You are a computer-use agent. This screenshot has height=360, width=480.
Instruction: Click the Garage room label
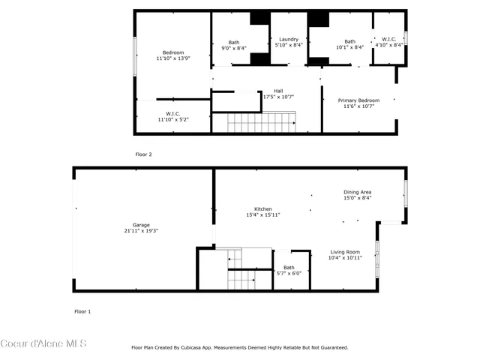(x=141, y=225)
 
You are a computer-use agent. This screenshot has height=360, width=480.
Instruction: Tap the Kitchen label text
(x=262, y=209)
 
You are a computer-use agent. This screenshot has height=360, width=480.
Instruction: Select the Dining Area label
(x=358, y=192)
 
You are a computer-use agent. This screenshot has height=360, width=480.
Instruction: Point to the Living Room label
(x=345, y=252)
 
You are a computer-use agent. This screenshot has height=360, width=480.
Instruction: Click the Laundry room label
(x=289, y=40)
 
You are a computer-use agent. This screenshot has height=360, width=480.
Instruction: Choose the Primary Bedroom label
(x=358, y=100)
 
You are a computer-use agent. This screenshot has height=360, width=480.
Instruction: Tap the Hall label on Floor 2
(x=278, y=91)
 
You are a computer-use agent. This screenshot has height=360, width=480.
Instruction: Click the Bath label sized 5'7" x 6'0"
(x=289, y=268)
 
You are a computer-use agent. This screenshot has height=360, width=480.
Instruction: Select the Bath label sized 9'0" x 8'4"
(x=233, y=42)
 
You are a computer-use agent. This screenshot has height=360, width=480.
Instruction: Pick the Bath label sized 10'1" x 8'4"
(x=349, y=42)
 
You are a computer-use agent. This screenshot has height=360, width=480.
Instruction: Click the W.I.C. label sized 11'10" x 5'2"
(x=172, y=114)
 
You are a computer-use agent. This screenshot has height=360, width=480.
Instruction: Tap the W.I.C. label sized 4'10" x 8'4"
(x=388, y=40)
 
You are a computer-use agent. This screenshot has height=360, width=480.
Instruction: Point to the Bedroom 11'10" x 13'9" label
(x=173, y=52)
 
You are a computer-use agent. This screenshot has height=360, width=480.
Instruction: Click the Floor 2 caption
(x=143, y=154)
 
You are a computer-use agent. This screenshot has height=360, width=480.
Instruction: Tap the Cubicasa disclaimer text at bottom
(x=239, y=347)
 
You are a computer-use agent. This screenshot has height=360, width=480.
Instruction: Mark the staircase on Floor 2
(x=262, y=121)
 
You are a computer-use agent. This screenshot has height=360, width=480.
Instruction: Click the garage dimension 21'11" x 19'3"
(x=141, y=230)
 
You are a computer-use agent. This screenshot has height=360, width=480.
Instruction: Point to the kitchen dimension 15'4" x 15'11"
(x=262, y=215)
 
